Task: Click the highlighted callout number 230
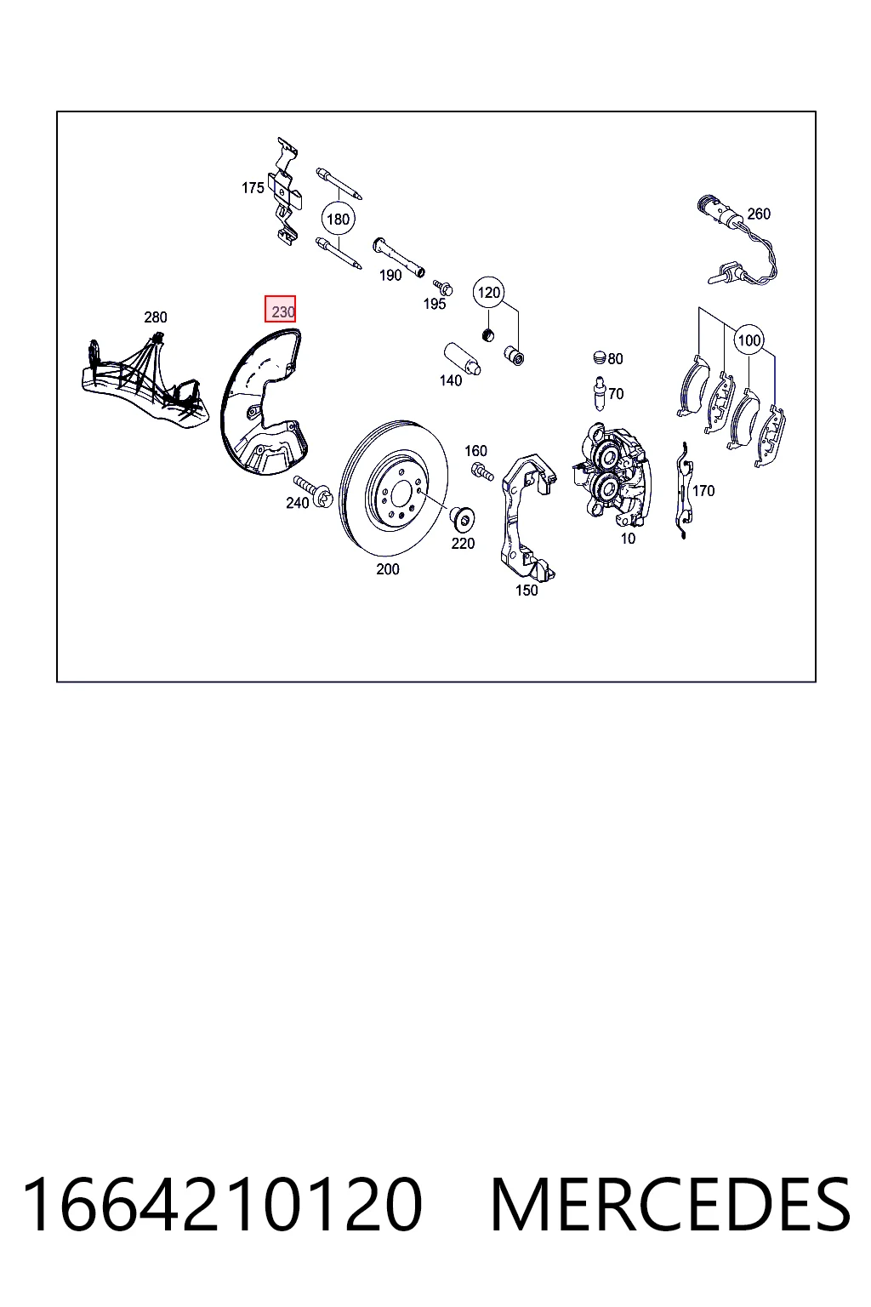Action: pos(281,309)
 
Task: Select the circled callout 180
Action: pos(338,220)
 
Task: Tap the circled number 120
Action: pos(489,293)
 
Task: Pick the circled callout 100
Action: pos(749,340)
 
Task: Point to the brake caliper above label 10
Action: pos(612,471)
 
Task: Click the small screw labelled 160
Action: pos(481,471)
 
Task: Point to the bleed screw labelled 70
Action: pos(599,395)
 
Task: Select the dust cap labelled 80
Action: pos(599,357)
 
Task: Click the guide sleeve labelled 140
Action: pos(462,359)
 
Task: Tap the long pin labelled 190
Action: pos(398,257)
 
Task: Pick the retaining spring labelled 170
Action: pos(684,490)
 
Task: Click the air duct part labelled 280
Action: pos(144,380)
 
